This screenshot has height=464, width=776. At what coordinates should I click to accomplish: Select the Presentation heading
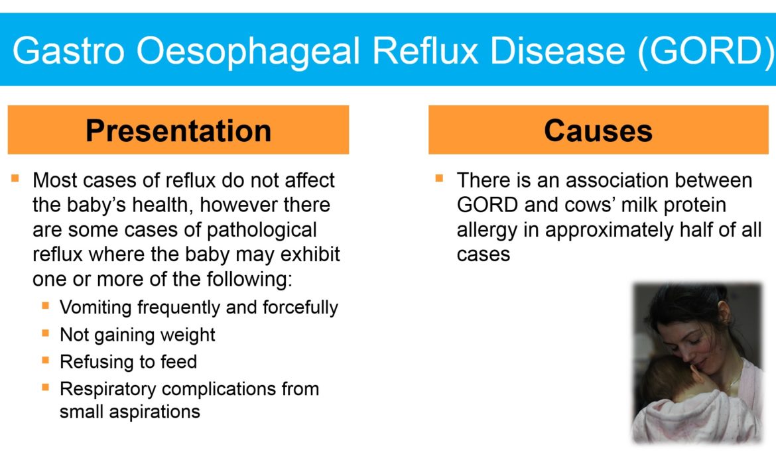pos(178,131)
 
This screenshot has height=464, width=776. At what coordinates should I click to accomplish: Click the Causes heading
pos(598,131)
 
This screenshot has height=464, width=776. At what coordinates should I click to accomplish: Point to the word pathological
pos(262,231)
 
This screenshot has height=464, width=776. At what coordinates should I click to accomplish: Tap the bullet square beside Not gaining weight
pos(46,333)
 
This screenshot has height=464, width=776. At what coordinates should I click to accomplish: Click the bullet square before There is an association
pos(439,178)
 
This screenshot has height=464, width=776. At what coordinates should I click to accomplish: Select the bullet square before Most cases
pos(15,178)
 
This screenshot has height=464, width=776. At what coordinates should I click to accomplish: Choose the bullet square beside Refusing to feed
pos(46,360)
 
